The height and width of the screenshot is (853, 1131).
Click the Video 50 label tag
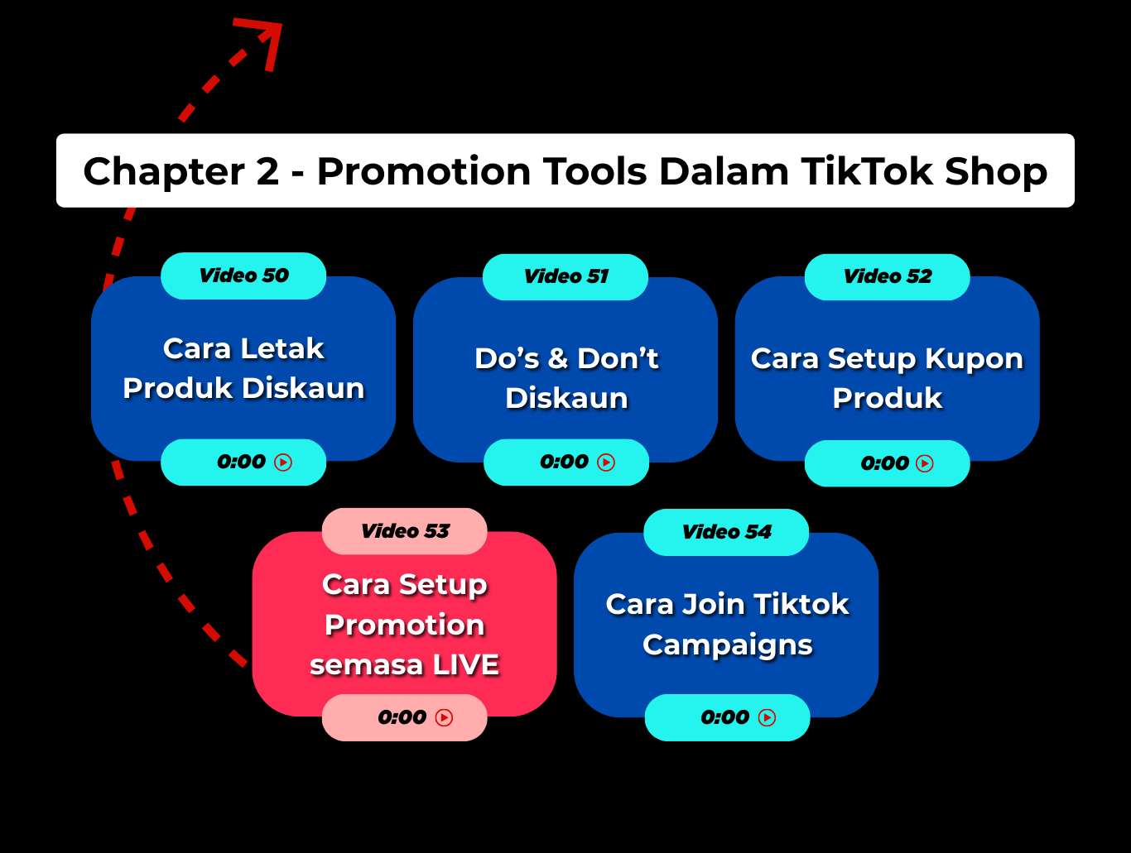pos(243,276)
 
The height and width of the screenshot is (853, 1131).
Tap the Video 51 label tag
pos(565,277)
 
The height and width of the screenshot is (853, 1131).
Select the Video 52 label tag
pos(888,277)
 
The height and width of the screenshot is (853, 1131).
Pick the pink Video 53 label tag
pos(405,531)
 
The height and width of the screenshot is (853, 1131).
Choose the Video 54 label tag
pos(726,532)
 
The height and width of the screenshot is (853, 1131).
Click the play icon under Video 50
pos(283,462)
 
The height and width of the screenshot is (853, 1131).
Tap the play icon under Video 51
pos(606,462)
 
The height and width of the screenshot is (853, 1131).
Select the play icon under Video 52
pos(924,463)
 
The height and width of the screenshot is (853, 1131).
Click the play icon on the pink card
pos(444,717)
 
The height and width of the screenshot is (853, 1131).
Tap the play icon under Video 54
pos(767,717)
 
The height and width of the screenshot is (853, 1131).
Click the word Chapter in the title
pos(163,172)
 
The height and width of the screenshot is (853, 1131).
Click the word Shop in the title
pos(996,172)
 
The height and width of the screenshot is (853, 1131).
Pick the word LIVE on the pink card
pos(466,664)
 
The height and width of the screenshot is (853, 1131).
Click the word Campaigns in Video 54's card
pos(728,645)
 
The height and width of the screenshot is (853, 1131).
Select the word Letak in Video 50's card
pos(282,348)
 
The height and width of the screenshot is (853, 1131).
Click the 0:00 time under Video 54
pos(724,717)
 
